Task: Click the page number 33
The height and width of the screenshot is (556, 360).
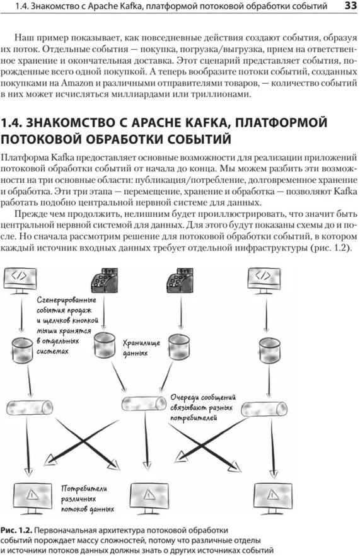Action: pyautogui.click(x=351, y=6)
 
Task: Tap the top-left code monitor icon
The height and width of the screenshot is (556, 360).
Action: pyautogui.click(x=20, y=280)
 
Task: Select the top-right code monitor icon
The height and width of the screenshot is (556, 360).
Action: pyautogui.click(x=264, y=280)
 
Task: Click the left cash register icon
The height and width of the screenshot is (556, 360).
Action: pyautogui.click(x=104, y=281)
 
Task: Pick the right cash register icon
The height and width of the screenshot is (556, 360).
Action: pyautogui.click(x=180, y=281)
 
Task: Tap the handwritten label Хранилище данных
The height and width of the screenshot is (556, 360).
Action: pyautogui.click(x=141, y=348)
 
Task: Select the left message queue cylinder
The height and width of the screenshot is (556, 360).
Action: pyautogui.click(x=30, y=407)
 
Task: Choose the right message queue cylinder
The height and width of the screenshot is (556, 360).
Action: pyautogui.click(x=264, y=409)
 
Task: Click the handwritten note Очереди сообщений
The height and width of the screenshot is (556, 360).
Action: pyautogui.click(x=203, y=398)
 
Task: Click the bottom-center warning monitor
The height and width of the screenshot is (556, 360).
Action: pyautogui.click(x=149, y=497)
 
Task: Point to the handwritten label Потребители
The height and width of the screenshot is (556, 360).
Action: pyautogui.click(x=84, y=489)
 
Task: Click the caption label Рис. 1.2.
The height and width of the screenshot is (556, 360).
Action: pyautogui.click(x=16, y=530)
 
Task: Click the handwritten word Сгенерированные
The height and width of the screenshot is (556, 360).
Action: pyautogui.click(x=66, y=300)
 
